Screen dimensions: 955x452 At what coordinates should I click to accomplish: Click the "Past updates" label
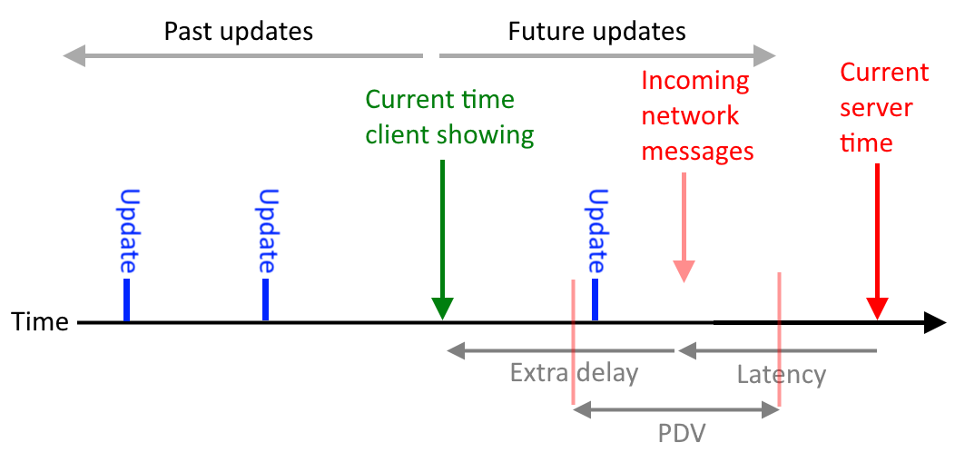[x=238, y=32]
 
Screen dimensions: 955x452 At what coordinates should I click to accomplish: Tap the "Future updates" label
[x=597, y=32]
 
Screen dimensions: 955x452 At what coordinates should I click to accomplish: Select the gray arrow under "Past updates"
[x=243, y=56]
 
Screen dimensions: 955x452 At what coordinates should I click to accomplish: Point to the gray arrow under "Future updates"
[x=607, y=56]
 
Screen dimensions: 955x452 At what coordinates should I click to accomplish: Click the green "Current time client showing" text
[x=449, y=117]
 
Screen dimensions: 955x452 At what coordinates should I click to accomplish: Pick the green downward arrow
[x=442, y=240]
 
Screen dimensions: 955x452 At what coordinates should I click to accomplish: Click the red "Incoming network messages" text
[x=698, y=116]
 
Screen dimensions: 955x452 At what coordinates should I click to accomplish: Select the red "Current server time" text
[x=884, y=108]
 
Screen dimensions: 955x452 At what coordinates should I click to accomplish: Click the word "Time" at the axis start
[x=40, y=321]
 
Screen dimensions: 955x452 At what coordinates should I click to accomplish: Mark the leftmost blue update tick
[x=127, y=300]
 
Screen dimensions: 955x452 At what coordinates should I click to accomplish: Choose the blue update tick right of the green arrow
[x=595, y=300]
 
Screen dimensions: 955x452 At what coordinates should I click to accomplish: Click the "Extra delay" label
[x=574, y=373]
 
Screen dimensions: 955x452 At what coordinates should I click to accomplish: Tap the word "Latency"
[x=782, y=375]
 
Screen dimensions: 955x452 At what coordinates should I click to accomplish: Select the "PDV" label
[x=682, y=433]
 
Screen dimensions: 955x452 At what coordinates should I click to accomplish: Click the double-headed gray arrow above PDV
[x=676, y=410]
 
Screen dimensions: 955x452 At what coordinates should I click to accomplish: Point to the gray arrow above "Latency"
[x=777, y=351]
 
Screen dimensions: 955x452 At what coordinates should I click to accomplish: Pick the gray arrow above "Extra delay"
[x=561, y=351]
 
